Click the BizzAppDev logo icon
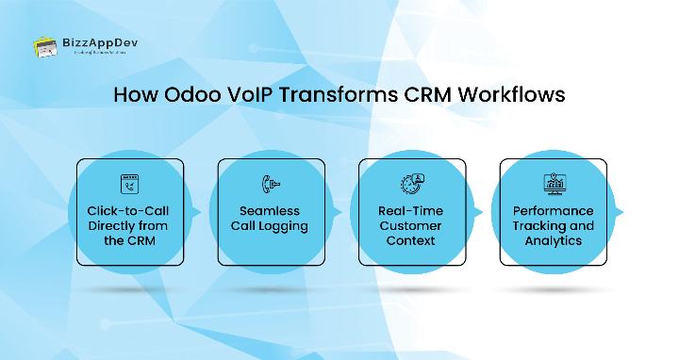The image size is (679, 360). [x=45, y=46]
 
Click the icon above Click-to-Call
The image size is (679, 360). [x=128, y=184]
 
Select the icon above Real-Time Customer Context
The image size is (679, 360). [x=410, y=184]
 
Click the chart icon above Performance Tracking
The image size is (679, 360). [x=552, y=184]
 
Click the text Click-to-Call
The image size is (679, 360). [x=128, y=211]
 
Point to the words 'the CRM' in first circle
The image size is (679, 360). [x=128, y=241]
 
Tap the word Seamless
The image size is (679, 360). [x=270, y=211]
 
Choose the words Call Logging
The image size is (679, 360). [x=270, y=226]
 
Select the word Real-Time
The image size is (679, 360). [x=410, y=211]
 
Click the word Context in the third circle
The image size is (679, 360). [x=410, y=241]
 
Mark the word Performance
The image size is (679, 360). [x=552, y=211]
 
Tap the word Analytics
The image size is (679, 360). [x=552, y=241]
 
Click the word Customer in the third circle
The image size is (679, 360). [x=410, y=226]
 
